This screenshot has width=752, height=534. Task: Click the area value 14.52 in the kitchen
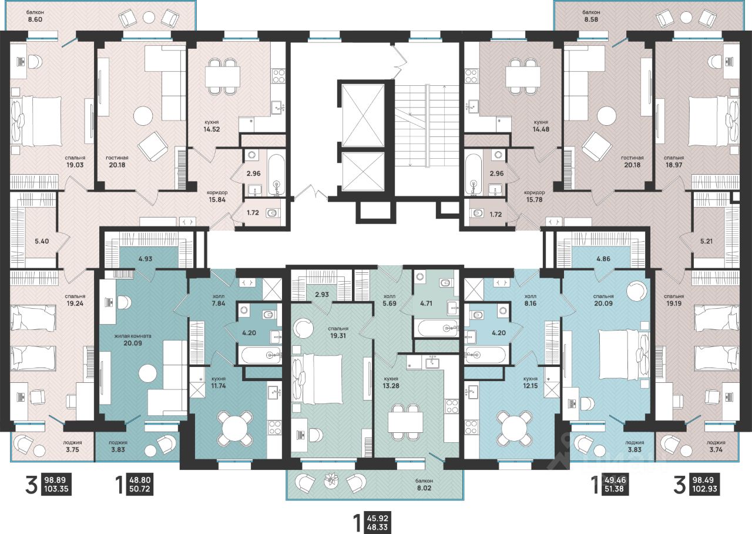click(211, 129)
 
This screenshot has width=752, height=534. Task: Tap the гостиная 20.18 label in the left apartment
click(117, 162)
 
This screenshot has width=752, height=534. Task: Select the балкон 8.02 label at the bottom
click(424, 485)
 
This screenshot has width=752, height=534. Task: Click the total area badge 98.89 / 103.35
click(56, 484)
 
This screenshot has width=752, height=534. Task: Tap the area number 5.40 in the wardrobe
click(42, 241)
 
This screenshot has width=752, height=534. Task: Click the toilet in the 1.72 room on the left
click(272, 213)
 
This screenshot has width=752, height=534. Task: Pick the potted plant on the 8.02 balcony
click(331, 479)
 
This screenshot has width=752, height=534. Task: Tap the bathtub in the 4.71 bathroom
click(436, 328)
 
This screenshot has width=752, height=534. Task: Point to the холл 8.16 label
click(531, 300)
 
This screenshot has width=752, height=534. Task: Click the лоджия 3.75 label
click(72, 446)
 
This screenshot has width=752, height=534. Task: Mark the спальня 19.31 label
click(338, 332)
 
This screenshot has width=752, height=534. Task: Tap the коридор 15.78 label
click(535, 196)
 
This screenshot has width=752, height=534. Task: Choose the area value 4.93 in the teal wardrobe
click(145, 259)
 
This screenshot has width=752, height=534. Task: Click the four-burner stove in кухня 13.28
click(452, 406)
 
